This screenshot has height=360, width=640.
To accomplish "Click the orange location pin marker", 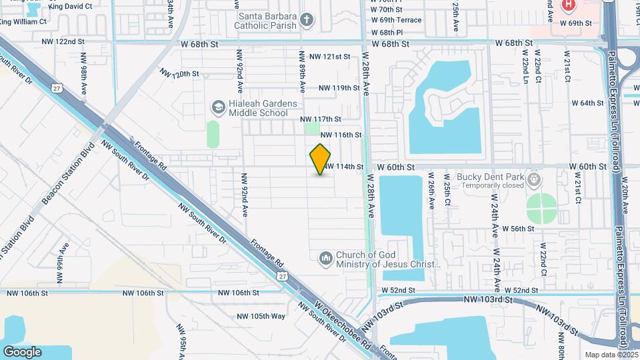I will click(320, 159).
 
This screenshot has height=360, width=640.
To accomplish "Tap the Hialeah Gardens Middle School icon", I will click(217, 107).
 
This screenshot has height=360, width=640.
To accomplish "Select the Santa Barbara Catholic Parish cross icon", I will click(306, 19).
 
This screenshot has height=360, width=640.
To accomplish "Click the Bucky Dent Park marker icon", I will click(533, 179).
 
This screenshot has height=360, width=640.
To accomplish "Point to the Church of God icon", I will click(325, 258).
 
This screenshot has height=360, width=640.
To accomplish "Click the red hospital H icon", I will click(567, 6).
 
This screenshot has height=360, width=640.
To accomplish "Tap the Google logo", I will click(22, 351).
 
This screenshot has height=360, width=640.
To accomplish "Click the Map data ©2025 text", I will click(609, 355).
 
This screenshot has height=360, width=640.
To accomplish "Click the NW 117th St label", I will click(321, 119).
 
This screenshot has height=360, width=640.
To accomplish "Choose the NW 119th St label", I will click(339, 88).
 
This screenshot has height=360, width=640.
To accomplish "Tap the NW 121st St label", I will click(330, 57).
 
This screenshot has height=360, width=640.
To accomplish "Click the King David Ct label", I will click(69, 6).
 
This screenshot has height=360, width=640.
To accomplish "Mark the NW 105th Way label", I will click(262, 315).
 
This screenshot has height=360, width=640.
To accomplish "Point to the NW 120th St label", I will click(179, 72).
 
